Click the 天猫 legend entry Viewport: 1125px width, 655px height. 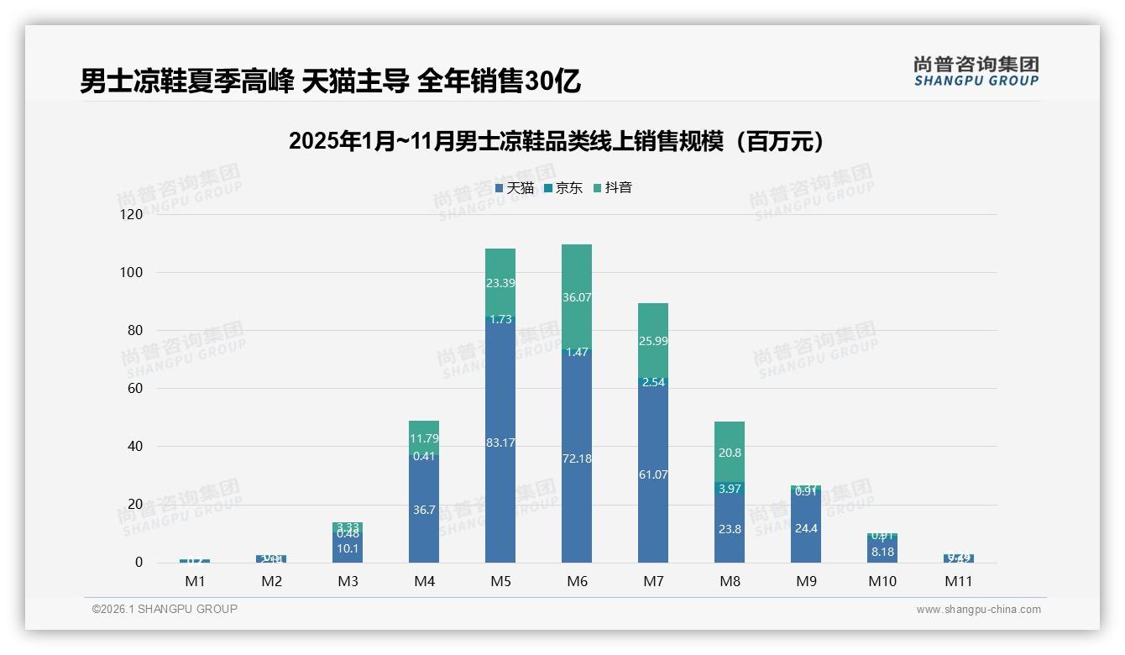(515, 188)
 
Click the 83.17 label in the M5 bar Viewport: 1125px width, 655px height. (500, 443)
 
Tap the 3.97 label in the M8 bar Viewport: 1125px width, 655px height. (730, 489)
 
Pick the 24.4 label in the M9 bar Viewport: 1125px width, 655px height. (806, 529)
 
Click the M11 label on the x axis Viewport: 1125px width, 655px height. (958, 581)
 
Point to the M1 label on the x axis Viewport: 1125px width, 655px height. (195, 581)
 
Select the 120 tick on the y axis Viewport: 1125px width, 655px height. (132, 215)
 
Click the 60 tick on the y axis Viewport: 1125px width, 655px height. (134, 389)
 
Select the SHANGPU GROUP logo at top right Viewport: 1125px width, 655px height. (976, 71)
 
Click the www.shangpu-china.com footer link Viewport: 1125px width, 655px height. (978, 610)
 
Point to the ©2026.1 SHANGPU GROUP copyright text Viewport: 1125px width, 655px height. (165, 609)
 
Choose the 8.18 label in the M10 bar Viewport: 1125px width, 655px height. (882, 552)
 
